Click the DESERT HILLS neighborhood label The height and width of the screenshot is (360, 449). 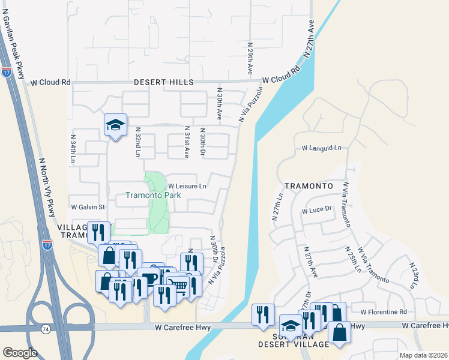[x=164, y=82]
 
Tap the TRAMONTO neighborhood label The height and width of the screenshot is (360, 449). [x=309, y=186]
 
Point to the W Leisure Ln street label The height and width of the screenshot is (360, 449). [x=187, y=186]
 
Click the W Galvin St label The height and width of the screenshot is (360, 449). [x=88, y=207]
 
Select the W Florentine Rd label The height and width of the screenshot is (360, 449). [x=384, y=312]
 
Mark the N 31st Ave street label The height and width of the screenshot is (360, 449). [x=187, y=142]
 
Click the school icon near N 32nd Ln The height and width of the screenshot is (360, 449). [x=116, y=125]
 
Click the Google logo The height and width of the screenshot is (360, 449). [x=20, y=352]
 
